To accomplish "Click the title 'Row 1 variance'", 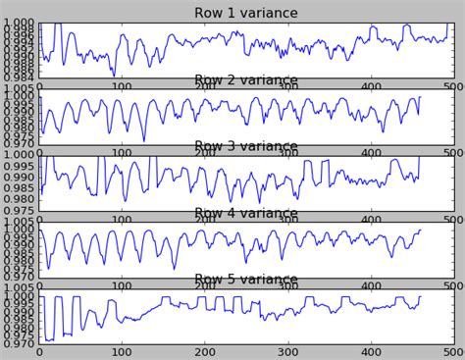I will [246, 13].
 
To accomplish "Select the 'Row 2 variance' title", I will [246, 80].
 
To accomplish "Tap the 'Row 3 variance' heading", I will [246, 147].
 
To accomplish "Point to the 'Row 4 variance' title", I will [246, 214].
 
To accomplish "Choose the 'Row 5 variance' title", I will [246, 281].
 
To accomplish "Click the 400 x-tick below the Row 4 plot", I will [370, 285].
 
